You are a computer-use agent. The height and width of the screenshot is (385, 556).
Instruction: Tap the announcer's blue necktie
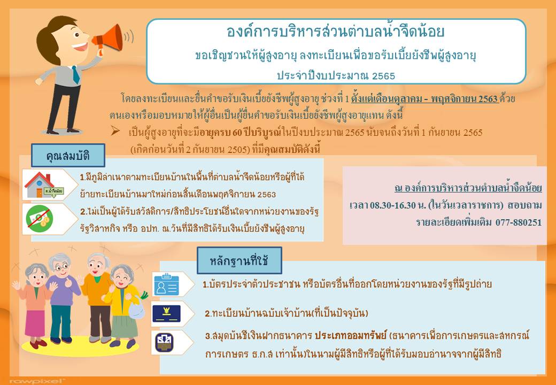[x=76, y=74]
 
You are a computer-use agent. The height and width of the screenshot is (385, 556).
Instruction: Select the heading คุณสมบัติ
[x=68, y=155]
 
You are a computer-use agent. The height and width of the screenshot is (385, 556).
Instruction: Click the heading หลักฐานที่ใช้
[x=240, y=260]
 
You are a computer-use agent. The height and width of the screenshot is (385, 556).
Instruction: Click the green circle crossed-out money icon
[x=40, y=219]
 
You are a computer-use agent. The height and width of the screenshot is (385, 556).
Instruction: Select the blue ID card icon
[x=167, y=284]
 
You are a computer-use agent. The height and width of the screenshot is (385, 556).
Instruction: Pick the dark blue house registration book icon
[x=166, y=314]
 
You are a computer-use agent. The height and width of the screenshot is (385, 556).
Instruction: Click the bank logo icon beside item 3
[x=164, y=342]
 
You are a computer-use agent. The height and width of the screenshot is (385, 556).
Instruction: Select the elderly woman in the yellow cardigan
[x=122, y=305]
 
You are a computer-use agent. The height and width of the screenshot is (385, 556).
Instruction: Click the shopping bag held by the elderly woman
[x=136, y=309]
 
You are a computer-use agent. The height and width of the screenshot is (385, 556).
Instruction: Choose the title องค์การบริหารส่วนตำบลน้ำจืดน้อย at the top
[x=335, y=32]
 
